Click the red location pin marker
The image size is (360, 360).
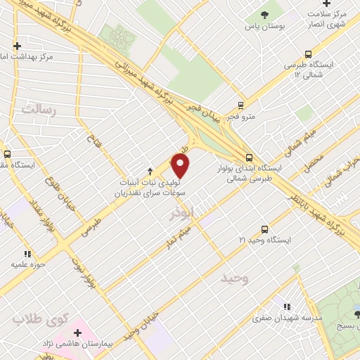(x=181, y=166)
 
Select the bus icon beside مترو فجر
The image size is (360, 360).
(x=241, y=105)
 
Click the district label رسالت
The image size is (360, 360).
(x=38, y=108)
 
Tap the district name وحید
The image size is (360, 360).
(x=235, y=279)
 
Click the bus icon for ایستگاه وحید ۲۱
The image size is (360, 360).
(x=264, y=229)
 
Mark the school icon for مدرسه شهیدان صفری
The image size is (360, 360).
(x=287, y=306)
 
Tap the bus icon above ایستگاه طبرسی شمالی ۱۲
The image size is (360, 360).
(x=308, y=53)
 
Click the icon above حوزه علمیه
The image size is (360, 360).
(x=27, y=254)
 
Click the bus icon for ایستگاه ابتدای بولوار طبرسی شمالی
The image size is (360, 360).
(x=250, y=157)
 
